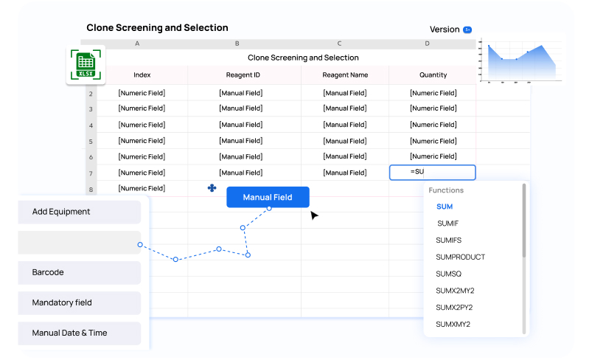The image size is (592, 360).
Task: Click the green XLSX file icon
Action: (x=86, y=65)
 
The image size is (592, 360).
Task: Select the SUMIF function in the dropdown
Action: (x=448, y=224)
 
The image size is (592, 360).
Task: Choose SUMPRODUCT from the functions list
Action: (x=460, y=257)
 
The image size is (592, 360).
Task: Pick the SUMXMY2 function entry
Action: (x=453, y=324)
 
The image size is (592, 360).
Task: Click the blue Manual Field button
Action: (x=268, y=197)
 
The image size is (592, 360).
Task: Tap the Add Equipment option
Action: (x=80, y=212)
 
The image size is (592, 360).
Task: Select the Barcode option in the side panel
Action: (x=80, y=272)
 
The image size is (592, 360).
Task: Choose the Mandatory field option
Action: (x=80, y=302)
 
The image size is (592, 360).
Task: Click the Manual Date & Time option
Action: (x=80, y=333)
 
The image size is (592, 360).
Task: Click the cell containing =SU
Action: (x=432, y=173)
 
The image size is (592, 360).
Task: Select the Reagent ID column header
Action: (x=243, y=75)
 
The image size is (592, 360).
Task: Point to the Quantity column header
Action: (x=433, y=75)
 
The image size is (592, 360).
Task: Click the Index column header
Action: (x=142, y=75)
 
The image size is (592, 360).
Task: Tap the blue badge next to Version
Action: (x=467, y=30)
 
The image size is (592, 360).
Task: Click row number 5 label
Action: (x=91, y=142)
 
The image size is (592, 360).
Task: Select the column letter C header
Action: (x=339, y=44)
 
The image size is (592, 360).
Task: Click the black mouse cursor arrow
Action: (x=314, y=215)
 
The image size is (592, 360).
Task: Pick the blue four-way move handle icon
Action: (x=212, y=187)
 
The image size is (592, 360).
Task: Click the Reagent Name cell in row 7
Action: (x=345, y=173)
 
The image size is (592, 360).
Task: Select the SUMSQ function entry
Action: (x=448, y=274)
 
